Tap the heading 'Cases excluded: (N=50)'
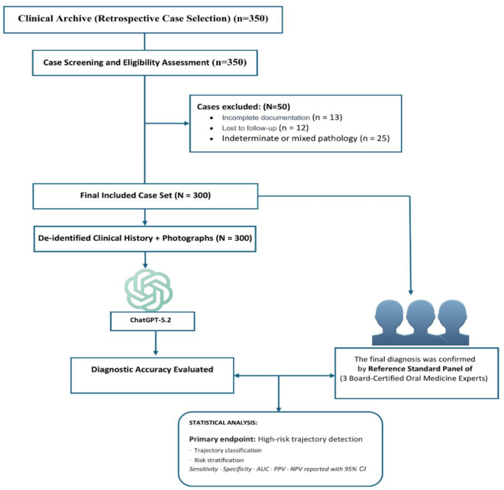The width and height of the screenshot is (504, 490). pyautogui.click(x=244, y=107)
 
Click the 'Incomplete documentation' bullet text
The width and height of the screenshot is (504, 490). pyautogui.click(x=266, y=118)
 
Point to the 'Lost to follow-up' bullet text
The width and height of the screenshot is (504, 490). pyautogui.click(x=249, y=128)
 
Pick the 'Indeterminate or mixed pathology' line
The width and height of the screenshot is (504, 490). pyautogui.click(x=305, y=138)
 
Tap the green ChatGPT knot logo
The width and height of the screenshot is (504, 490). pyautogui.click(x=149, y=290)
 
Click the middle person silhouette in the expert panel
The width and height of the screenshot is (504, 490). pyautogui.click(x=420, y=322)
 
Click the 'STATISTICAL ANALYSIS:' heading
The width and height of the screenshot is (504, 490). pyautogui.click(x=223, y=422)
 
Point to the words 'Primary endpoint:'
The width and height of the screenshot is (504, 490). pyautogui.click(x=222, y=439)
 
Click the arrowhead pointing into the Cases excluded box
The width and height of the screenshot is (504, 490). pyautogui.click(x=186, y=124)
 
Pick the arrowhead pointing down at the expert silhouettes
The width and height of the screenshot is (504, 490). pyautogui.click(x=411, y=292)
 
